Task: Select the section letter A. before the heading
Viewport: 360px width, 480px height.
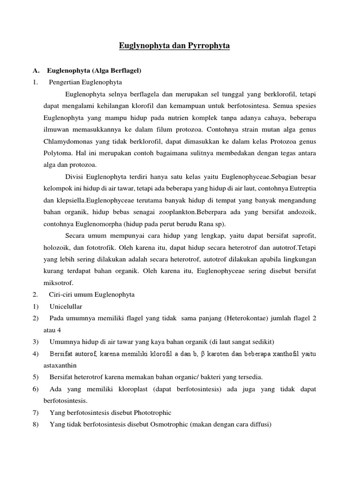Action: pyautogui.click(x=36, y=71)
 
